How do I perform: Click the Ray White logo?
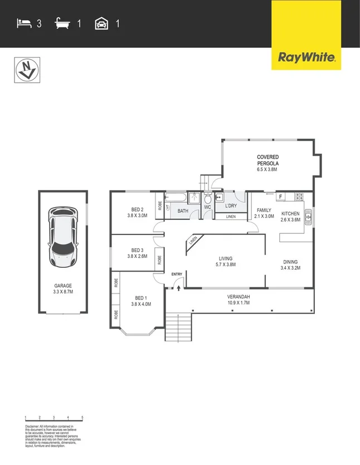pyautogui.click(x=306, y=57)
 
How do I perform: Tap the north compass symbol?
pyautogui.click(x=25, y=70)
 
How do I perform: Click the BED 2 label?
pyautogui.click(x=137, y=209)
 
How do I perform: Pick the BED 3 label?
pyautogui.click(x=138, y=251)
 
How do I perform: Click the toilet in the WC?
pyautogui.click(x=207, y=199)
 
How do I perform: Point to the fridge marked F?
pyautogui.click(x=280, y=196)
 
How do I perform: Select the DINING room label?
pyautogui.click(x=290, y=262)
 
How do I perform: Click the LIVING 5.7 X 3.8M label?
pyautogui.click(x=225, y=262)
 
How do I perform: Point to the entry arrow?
pyautogui.click(x=177, y=286)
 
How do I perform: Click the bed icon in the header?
pyautogui.click(x=23, y=23)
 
